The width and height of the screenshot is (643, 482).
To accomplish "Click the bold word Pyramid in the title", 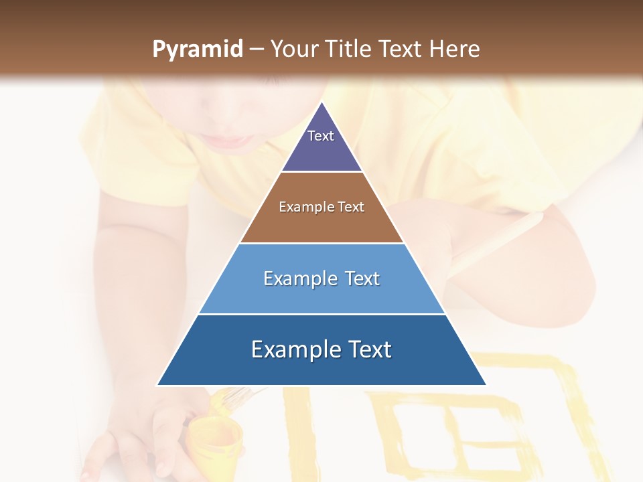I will (x=198, y=50).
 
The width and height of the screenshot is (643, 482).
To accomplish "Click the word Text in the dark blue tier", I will (x=368, y=349).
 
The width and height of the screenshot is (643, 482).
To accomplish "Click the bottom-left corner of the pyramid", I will (x=158, y=385).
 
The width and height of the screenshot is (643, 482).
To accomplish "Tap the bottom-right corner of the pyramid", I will (x=486, y=385).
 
